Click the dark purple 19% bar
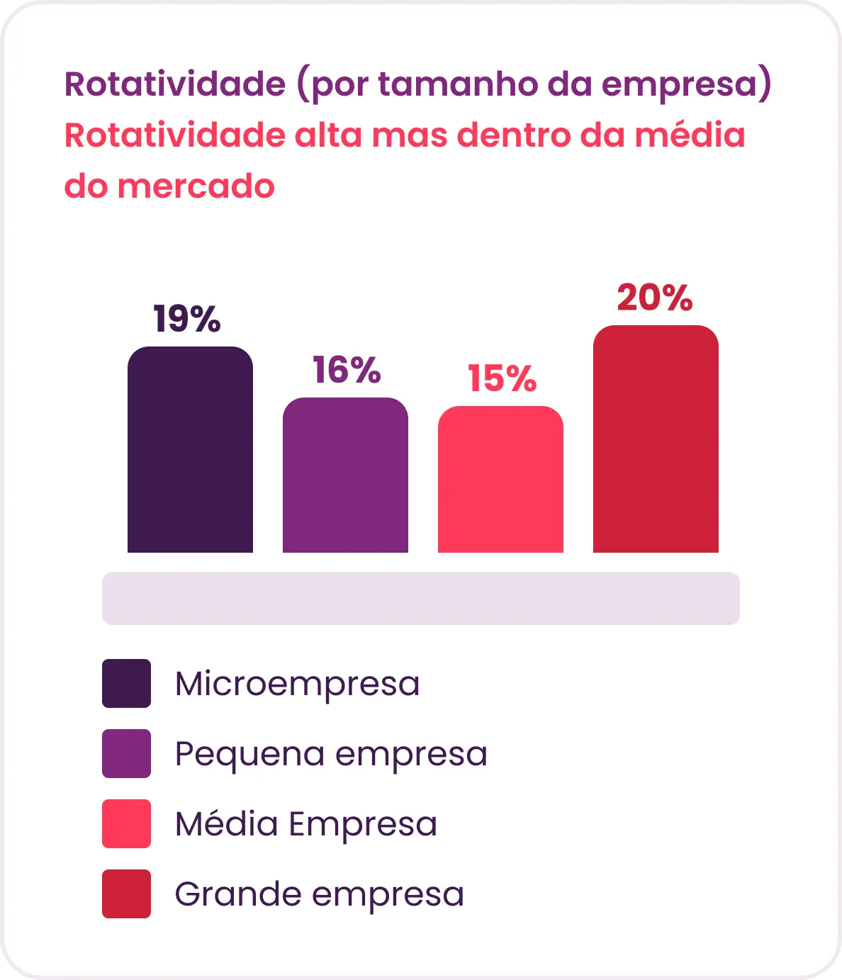pyautogui.click(x=190, y=449)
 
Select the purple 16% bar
pyautogui.click(x=345, y=475)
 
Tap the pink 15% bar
pyautogui.click(x=500, y=479)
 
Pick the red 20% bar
pyautogui.click(x=656, y=439)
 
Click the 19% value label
pyautogui.click(x=187, y=319)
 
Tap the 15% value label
pyautogui.click(x=502, y=378)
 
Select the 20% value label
pyautogui.click(x=655, y=298)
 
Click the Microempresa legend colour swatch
pyautogui.click(x=127, y=683)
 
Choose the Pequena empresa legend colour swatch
pyautogui.click(x=127, y=753)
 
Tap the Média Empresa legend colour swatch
pyautogui.click(x=127, y=823)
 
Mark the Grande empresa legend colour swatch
pyautogui.click(x=127, y=894)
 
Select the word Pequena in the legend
pyautogui.click(x=250, y=755)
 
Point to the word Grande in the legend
pyautogui.click(x=238, y=894)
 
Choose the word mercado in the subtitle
pyautogui.click(x=196, y=186)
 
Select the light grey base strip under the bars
pyautogui.click(x=421, y=598)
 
